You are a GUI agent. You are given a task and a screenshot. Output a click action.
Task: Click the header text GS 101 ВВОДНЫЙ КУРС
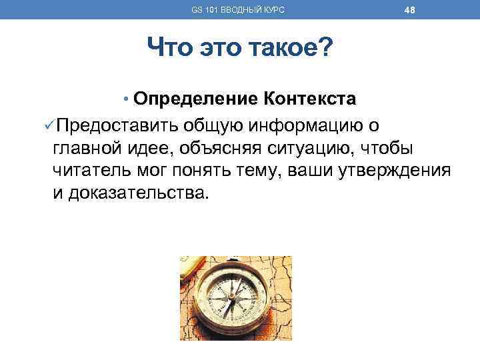(x=238, y=9)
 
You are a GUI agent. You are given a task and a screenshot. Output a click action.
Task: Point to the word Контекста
(x=310, y=99)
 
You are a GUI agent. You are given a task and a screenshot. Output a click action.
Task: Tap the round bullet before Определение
(x=126, y=100)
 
